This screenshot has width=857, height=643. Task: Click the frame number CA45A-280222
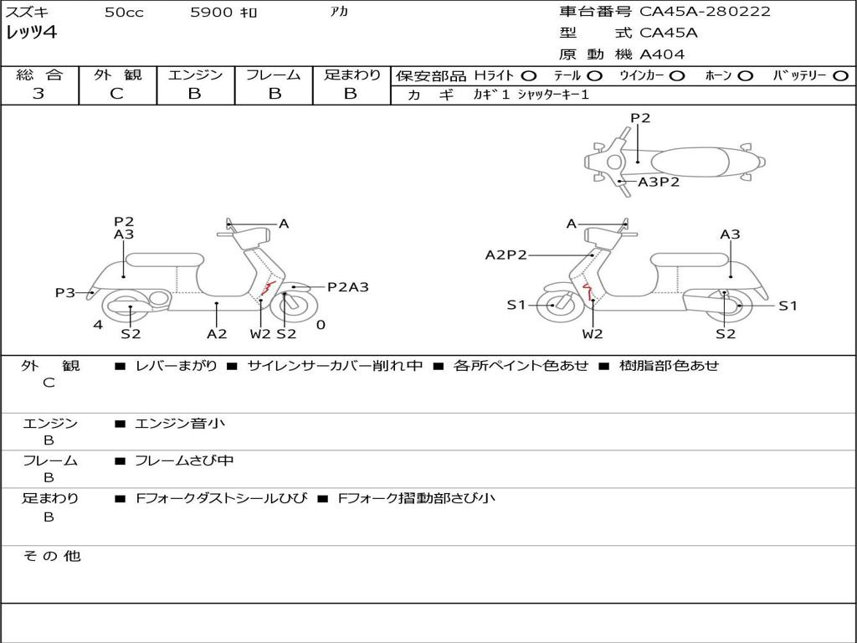click(x=705, y=12)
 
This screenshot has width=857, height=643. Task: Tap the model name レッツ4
click(x=31, y=33)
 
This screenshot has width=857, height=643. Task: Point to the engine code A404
click(x=662, y=54)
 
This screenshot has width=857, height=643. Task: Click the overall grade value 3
click(x=38, y=94)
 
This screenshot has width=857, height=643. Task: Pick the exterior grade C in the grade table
click(x=116, y=94)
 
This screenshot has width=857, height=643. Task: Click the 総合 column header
click(x=38, y=75)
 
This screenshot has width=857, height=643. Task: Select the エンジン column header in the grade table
click(x=195, y=75)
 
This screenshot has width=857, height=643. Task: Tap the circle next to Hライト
click(x=528, y=75)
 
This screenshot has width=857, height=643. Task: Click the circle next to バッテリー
click(x=839, y=75)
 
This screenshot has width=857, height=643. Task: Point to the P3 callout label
click(x=65, y=292)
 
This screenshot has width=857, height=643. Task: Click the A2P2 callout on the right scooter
click(x=506, y=255)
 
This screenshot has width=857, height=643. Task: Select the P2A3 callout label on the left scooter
click(x=347, y=287)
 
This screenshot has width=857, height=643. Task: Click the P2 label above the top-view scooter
click(x=640, y=118)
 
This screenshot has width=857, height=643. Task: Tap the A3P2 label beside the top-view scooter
click(x=659, y=182)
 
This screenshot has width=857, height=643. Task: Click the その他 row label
click(x=51, y=556)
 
